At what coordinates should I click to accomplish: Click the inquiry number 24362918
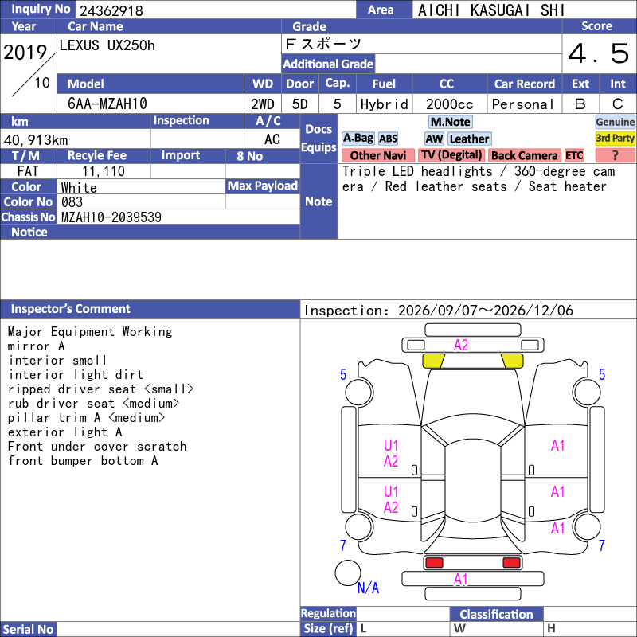[x=111, y=10]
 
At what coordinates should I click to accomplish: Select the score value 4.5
[x=599, y=53]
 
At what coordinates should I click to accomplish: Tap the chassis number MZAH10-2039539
[x=111, y=217]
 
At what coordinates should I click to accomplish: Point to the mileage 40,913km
[x=36, y=140]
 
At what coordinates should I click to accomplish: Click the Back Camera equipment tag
[x=524, y=155]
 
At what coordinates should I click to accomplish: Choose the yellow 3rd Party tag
[x=615, y=138]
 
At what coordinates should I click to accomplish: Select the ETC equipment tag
[x=574, y=155]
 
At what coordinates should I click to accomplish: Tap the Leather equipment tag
[x=469, y=139]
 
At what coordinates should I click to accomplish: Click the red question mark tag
[x=615, y=155]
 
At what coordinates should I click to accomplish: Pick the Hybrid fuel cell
[x=384, y=104]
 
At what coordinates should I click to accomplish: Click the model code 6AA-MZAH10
[x=107, y=104]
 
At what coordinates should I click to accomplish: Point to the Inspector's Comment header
[x=71, y=309]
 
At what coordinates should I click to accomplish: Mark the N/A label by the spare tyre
[x=368, y=588]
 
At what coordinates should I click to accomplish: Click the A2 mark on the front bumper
[x=461, y=346]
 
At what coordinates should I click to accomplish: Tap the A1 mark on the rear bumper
[x=461, y=580]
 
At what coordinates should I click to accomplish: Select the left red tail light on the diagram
[x=434, y=563]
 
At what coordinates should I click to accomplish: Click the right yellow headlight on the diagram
[x=512, y=361]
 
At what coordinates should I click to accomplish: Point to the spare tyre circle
[x=348, y=573]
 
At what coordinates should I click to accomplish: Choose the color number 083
[x=72, y=202]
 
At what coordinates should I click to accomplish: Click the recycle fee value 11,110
[x=104, y=171]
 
